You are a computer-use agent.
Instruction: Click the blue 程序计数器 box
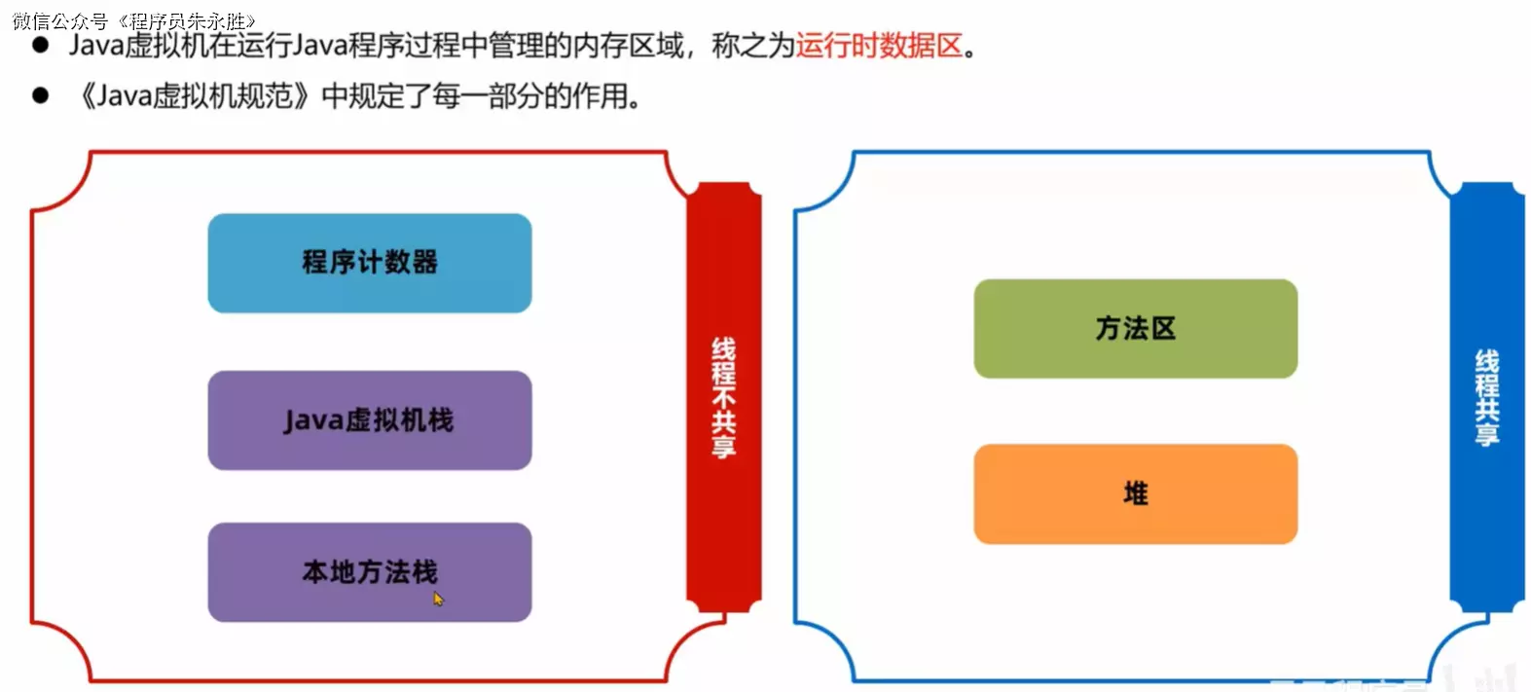click(370, 263)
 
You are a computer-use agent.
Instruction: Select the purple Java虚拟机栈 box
click(370, 419)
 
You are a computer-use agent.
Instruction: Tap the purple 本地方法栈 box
click(370, 572)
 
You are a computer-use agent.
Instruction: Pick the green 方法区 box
click(1135, 328)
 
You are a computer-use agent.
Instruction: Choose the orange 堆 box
click(1135, 493)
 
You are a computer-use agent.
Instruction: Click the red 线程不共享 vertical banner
click(724, 397)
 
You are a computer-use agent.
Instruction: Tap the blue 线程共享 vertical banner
click(1486, 397)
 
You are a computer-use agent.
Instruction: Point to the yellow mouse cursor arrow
click(438, 599)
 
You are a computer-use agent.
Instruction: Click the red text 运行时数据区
click(879, 46)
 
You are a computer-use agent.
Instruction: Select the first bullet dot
click(40, 45)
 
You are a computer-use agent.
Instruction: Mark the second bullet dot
click(40, 95)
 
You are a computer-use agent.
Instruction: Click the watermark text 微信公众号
click(60, 21)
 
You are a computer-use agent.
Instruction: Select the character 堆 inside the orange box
click(1136, 493)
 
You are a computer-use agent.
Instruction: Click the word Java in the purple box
click(313, 420)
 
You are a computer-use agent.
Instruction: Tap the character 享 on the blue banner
click(1487, 433)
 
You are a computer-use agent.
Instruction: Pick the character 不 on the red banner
click(724, 399)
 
